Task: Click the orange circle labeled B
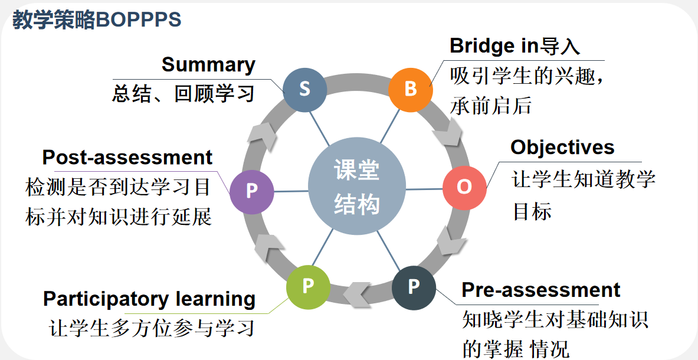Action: [411, 90]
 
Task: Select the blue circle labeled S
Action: [304, 90]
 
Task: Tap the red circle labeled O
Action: [464, 187]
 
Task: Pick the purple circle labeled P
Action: [252, 191]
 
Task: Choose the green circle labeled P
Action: [308, 287]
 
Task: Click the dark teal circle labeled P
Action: [414, 287]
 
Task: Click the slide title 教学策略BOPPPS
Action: [97, 20]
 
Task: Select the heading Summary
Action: [208, 64]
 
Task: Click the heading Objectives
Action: [562, 147]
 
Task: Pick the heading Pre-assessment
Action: [540, 290]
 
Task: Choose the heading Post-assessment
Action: [127, 158]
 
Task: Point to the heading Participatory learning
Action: [149, 299]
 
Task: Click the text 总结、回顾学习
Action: [183, 94]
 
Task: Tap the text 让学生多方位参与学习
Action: [152, 328]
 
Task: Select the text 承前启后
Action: [491, 106]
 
